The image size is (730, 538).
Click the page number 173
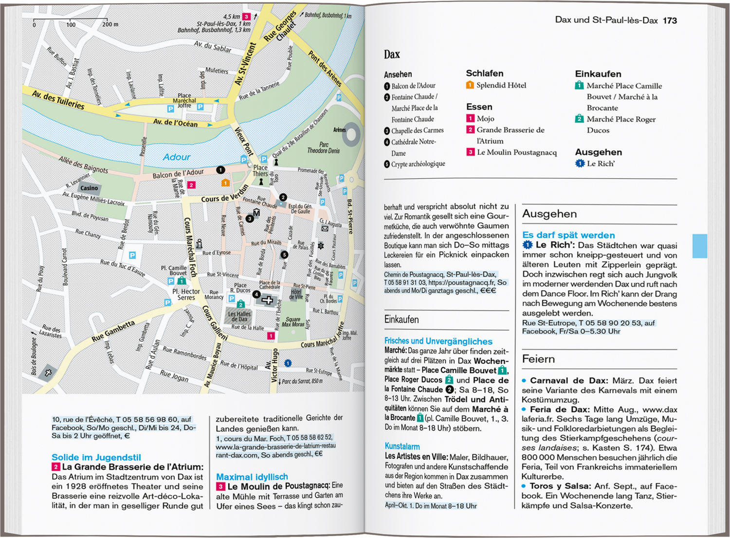tap(670, 20)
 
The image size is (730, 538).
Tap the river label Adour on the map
tap(177, 157)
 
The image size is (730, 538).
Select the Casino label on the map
tap(89, 188)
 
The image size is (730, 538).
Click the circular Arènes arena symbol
tap(351, 134)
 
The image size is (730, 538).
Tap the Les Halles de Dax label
tap(239, 316)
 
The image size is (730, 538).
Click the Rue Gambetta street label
tap(113, 331)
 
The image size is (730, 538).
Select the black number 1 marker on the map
tap(220, 170)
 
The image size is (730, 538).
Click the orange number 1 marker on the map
tap(225, 183)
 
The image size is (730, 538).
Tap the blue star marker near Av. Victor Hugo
tap(288, 363)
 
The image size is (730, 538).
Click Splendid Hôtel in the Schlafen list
tap(501, 85)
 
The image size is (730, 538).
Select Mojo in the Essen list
tap(485, 118)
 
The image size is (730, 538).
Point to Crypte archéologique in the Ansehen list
tap(418, 164)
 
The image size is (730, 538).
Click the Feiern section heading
tap(538, 359)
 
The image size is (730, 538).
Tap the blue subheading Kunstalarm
tap(402, 446)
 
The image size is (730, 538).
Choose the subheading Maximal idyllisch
tap(252, 477)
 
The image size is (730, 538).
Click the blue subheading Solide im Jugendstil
tap(96, 457)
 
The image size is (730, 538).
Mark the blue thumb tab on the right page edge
tap(699, 246)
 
